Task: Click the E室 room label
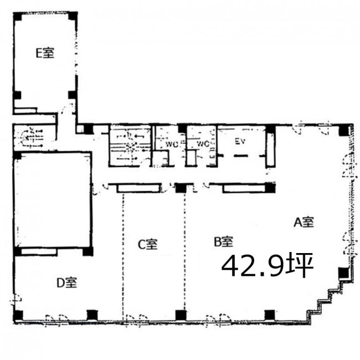click(x=45, y=53)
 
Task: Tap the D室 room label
click(x=67, y=282)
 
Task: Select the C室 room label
click(x=148, y=244)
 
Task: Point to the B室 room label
click(x=224, y=241)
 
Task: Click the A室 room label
click(x=304, y=222)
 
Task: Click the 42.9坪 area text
click(x=268, y=265)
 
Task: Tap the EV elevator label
click(x=240, y=141)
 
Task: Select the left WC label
click(x=172, y=145)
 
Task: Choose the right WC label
click(x=203, y=144)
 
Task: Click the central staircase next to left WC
click(x=130, y=145)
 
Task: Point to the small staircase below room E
click(x=34, y=138)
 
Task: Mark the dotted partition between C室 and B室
click(x=185, y=251)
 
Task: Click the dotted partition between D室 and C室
click(x=123, y=256)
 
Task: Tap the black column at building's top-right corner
click(x=344, y=130)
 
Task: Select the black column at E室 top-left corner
click(x=18, y=17)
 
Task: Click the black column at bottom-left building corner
click(x=18, y=316)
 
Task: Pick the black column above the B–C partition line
click(x=181, y=188)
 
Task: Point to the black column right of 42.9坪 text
click(x=343, y=272)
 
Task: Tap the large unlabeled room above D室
click(x=53, y=200)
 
